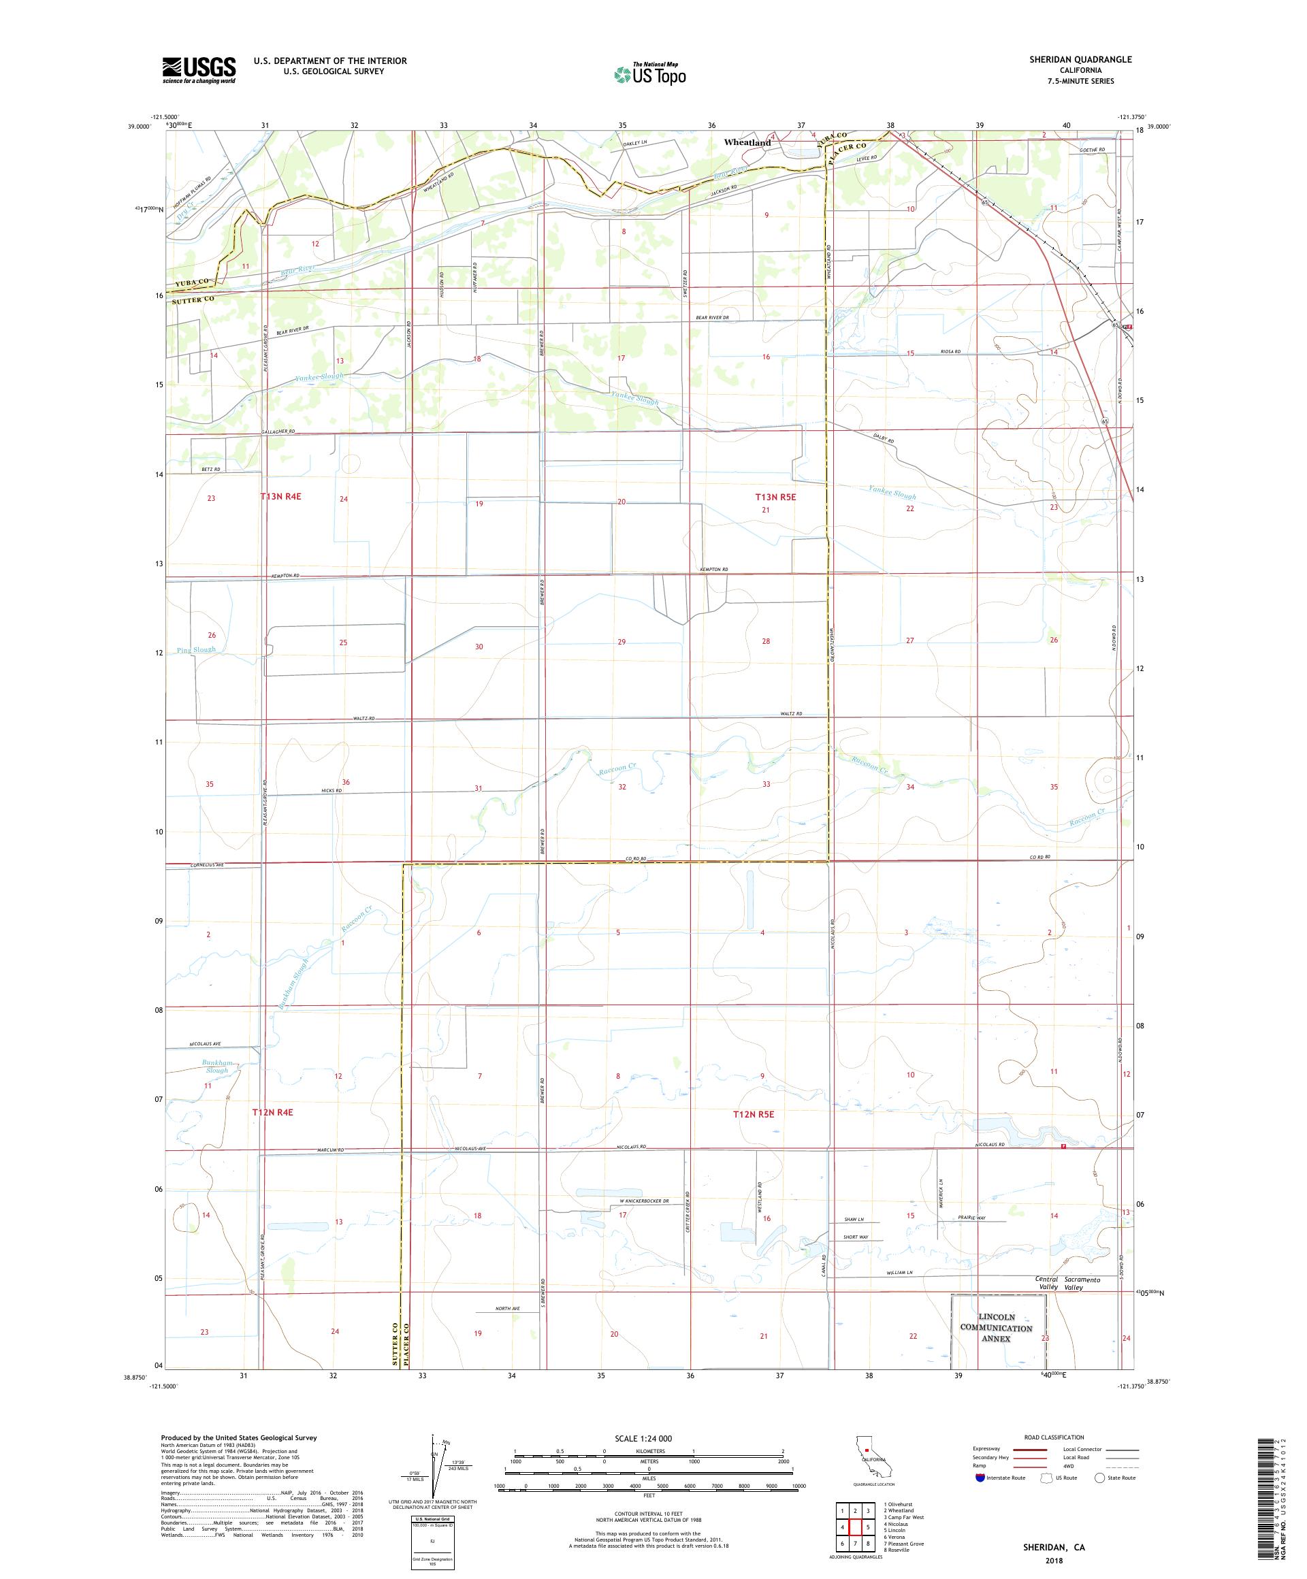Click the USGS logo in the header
click(199, 70)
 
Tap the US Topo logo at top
click(651, 74)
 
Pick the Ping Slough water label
click(196, 650)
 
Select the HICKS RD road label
click(331, 790)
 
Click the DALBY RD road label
click(884, 438)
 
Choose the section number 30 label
click(479, 647)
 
